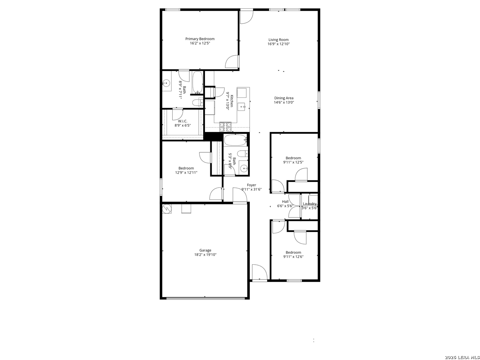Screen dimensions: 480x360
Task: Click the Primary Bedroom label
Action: coord(200,39)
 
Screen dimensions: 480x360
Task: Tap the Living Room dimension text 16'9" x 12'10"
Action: coord(278,44)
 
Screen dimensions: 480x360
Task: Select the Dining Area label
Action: coord(284,98)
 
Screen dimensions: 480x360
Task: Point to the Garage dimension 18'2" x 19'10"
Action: coord(205,255)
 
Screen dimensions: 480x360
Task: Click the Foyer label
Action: coord(251,185)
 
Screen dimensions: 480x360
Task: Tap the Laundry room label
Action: coord(309,204)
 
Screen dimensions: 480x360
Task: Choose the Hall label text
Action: coord(285,202)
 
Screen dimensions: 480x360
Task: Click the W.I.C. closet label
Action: coord(182,121)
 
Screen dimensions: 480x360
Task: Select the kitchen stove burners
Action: coord(225,127)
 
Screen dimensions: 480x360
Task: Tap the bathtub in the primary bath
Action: coord(197,82)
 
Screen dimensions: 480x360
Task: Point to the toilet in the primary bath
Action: coord(197,103)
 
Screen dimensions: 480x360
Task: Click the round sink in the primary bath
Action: coord(166,83)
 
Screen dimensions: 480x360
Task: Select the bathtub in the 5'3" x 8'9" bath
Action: coord(236,140)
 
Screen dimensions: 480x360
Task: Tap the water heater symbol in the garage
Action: coord(167,209)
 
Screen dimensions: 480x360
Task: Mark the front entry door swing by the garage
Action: coord(260,272)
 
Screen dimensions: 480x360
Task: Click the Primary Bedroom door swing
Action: coord(232,61)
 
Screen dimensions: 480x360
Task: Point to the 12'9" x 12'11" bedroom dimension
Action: coord(186,173)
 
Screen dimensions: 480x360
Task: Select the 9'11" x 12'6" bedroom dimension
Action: coord(293,257)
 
